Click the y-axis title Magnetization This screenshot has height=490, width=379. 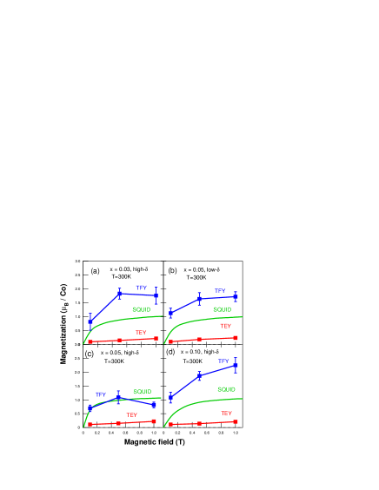[x=63, y=324]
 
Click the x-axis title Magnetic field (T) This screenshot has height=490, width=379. [x=154, y=441]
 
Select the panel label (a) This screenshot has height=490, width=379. [x=95, y=270]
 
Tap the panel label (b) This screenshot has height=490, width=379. [x=172, y=270]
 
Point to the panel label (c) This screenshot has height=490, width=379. [x=90, y=353]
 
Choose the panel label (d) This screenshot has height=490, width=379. [x=170, y=352]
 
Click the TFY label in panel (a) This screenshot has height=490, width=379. [x=141, y=288]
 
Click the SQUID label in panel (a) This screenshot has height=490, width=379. [x=142, y=309]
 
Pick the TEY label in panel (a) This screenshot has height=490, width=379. [x=141, y=333]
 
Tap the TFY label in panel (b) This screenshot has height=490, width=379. [x=220, y=291]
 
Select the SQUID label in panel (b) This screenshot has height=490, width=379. [x=222, y=309]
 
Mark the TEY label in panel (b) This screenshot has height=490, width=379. [x=225, y=326]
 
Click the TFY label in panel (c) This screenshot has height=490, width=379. [x=100, y=394]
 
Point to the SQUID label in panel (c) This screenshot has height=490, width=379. [x=142, y=392]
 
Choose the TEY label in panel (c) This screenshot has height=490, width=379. [x=131, y=415]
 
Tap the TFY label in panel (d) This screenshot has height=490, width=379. [x=223, y=361]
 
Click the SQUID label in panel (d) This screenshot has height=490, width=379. [x=226, y=389]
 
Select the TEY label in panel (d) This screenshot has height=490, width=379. [x=226, y=414]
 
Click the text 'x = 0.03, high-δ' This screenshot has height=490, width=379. [x=129, y=269]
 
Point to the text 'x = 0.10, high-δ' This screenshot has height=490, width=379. [x=199, y=351]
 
